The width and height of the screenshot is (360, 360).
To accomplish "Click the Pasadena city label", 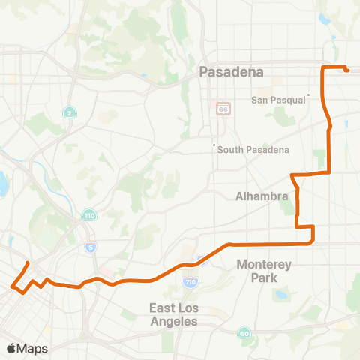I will coord(232,72).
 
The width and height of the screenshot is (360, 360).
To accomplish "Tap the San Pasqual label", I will coord(280,100).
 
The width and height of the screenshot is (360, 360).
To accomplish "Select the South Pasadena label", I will coord(253,150).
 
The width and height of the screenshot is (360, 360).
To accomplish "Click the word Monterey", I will coord(262,264).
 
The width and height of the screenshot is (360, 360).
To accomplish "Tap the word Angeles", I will coord(172,321).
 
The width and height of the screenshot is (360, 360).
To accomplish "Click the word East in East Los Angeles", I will coord(160,308).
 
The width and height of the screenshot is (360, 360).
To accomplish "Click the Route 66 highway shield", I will coord(222,109).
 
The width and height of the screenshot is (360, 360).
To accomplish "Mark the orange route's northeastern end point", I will coord(347,70).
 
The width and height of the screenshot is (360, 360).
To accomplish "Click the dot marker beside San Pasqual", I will coord(308,95).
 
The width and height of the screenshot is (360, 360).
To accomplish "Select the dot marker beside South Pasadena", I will coord(214,145).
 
